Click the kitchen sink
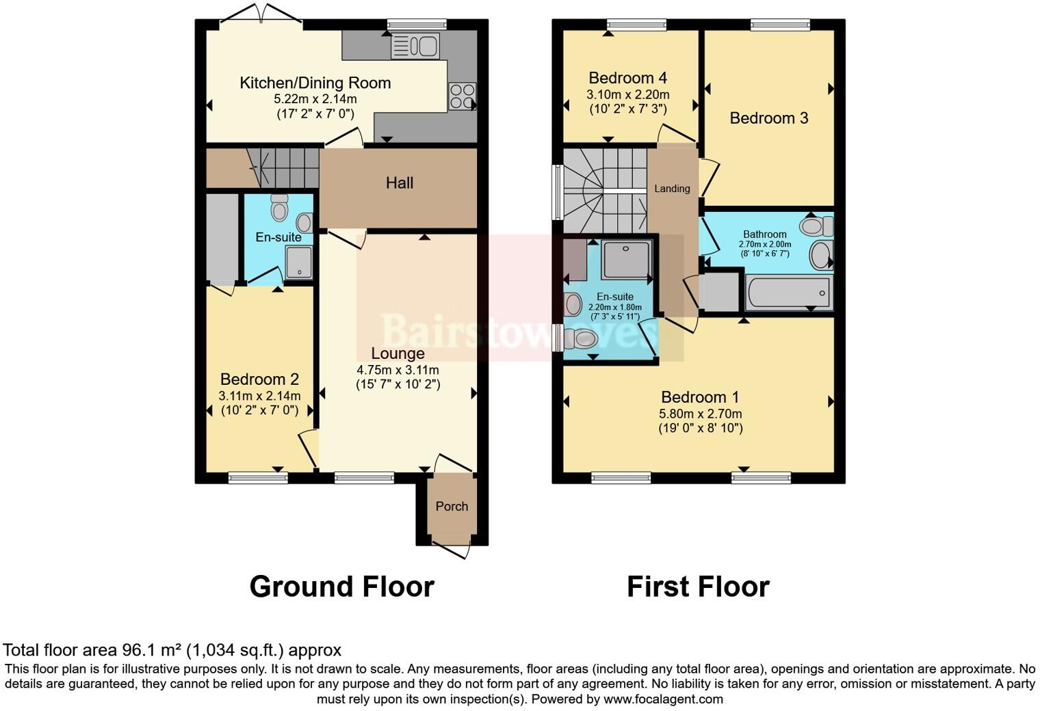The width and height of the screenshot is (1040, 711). pyautogui.click(x=415, y=46)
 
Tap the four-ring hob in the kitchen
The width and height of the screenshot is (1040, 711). pyautogui.click(x=462, y=96)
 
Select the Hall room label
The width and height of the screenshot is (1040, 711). pyautogui.click(x=400, y=183)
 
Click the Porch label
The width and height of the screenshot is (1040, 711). pyautogui.click(x=452, y=507)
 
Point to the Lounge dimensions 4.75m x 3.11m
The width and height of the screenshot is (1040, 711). pyautogui.click(x=398, y=370)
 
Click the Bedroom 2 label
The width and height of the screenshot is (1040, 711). pyautogui.click(x=259, y=379)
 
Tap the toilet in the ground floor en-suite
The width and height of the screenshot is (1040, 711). pyautogui.click(x=279, y=208)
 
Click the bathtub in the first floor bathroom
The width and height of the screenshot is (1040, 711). pyautogui.click(x=789, y=293)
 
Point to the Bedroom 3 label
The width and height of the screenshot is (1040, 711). pyautogui.click(x=768, y=118)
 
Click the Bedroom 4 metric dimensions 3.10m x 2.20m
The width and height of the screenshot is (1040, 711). pyautogui.click(x=627, y=94)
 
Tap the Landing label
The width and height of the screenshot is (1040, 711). pyautogui.click(x=672, y=189)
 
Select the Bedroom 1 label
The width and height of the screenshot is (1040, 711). pyautogui.click(x=699, y=397)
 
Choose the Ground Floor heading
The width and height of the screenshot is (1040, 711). pyautogui.click(x=341, y=587)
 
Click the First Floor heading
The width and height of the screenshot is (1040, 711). pyautogui.click(x=698, y=587)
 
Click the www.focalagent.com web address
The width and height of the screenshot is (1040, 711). pyautogui.click(x=663, y=699)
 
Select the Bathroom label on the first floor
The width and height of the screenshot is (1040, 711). pyautogui.click(x=764, y=234)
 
